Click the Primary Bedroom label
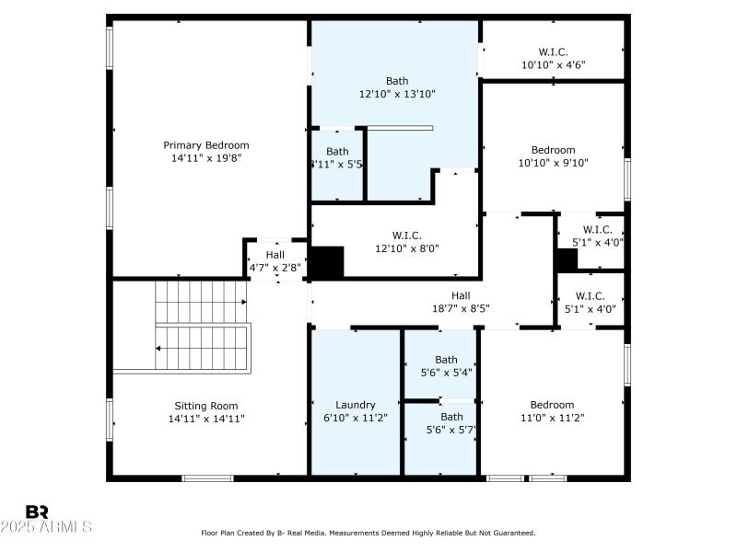coord(206,145)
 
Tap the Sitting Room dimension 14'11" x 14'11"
coord(206,419)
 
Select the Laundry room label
coord(356,405)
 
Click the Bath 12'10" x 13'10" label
coord(397,81)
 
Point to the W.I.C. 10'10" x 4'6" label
coord(553,52)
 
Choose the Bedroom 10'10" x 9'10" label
coord(553,150)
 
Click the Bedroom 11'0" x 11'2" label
coord(552,405)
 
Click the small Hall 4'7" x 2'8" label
coord(275,255)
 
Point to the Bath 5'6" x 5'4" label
coord(446,360)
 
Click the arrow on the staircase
coord(160,348)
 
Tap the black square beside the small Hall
coord(326,261)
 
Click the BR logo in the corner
coord(37,512)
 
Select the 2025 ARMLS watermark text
coord(46,527)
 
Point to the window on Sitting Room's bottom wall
coord(207,477)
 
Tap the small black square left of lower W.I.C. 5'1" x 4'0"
coord(566,259)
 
